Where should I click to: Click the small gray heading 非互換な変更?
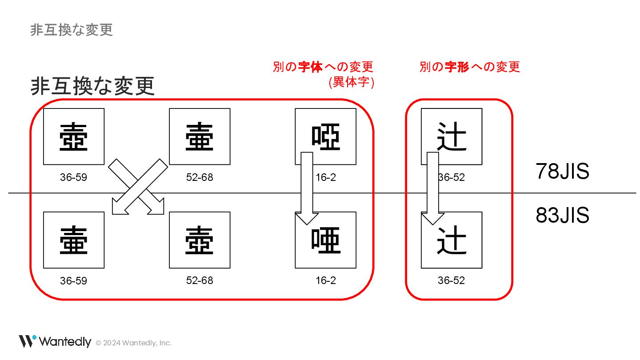[72, 30]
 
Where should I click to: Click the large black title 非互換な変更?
[92, 86]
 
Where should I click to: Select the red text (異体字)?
[351, 82]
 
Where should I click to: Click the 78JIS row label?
[562, 171]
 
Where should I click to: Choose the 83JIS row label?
[562, 215]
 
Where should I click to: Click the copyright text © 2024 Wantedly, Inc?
[134, 343]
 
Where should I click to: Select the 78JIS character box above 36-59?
[74, 136]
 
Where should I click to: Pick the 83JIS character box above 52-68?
[200, 240]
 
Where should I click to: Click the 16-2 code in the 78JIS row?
[326, 177]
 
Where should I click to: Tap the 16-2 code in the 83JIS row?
[326, 280]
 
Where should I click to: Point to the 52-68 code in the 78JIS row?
[200, 177]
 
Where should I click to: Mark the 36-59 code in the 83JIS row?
[73, 281]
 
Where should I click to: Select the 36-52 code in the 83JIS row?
[451, 281]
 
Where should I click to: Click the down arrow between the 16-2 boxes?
[307, 187]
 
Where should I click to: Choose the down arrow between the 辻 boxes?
[433, 187]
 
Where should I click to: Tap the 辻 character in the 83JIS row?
[452, 240]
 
